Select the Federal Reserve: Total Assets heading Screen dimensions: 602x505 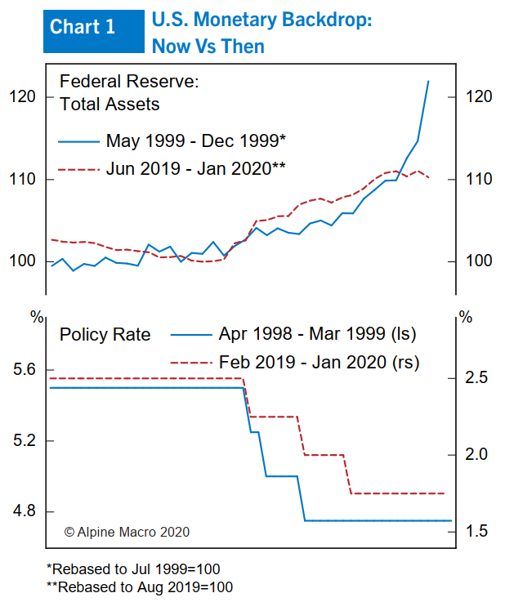pyautogui.click(x=129, y=93)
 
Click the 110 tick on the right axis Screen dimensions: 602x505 pyautogui.click(x=478, y=179)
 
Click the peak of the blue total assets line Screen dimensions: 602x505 pyautogui.click(x=428, y=81)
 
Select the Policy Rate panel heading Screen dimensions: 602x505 pyautogui.click(x=105, y=335)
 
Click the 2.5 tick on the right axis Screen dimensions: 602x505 pyautogui.click(x=476, y=378)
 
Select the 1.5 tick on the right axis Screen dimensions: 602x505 pyautogui.click(x=476, y=532)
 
